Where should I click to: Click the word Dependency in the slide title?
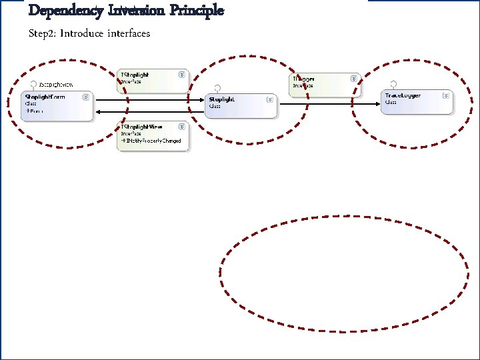(65, 11)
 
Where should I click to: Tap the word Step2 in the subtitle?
(43, 33)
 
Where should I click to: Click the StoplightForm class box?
(57, 106)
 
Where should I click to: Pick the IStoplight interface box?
(153, 81)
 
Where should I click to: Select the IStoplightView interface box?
(153, 135)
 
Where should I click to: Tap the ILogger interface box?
(325, 81)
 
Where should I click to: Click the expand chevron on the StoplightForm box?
(86, 97)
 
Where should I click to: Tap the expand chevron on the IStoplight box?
(181, 75)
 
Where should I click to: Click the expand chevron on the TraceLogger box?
(446, 95)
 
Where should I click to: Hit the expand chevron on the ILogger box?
(354, 78)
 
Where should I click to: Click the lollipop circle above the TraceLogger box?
(394, 84)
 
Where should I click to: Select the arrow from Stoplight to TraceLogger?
(330, 103)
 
